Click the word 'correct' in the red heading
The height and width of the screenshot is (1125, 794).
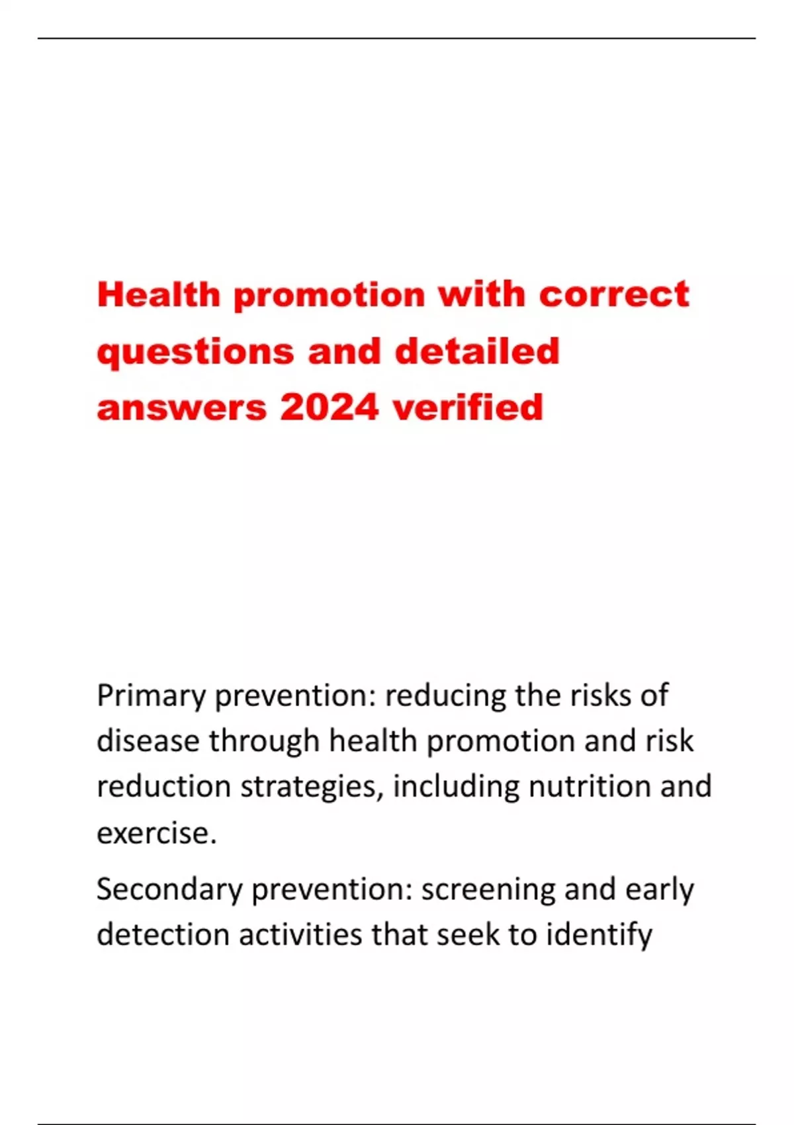click(x=614, y=294)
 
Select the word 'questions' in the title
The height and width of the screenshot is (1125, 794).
click(x=195, y=352)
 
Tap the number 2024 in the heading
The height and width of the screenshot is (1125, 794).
click(x=329, y=408)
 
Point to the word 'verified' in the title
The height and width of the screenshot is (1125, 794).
click(x=468, y=408)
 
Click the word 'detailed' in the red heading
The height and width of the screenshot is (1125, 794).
click(x=477, y=351)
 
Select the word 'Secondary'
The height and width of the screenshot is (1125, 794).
click(x=169, y=890)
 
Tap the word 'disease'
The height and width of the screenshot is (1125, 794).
click(x=148, y=741)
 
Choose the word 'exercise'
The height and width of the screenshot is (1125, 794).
click(x=156, y=833)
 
